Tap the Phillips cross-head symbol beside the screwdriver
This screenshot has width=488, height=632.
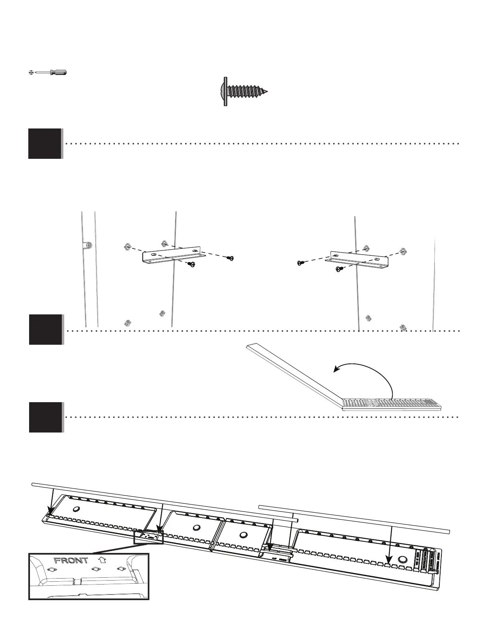coord(31,73)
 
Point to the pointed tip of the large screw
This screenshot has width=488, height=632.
coord(266,92)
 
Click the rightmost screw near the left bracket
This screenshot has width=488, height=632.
coord(230,258)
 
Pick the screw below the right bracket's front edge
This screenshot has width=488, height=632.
coord(340,269)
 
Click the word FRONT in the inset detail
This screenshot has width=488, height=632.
coord(71,560)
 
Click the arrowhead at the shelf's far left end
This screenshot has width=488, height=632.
coord(50,513)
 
